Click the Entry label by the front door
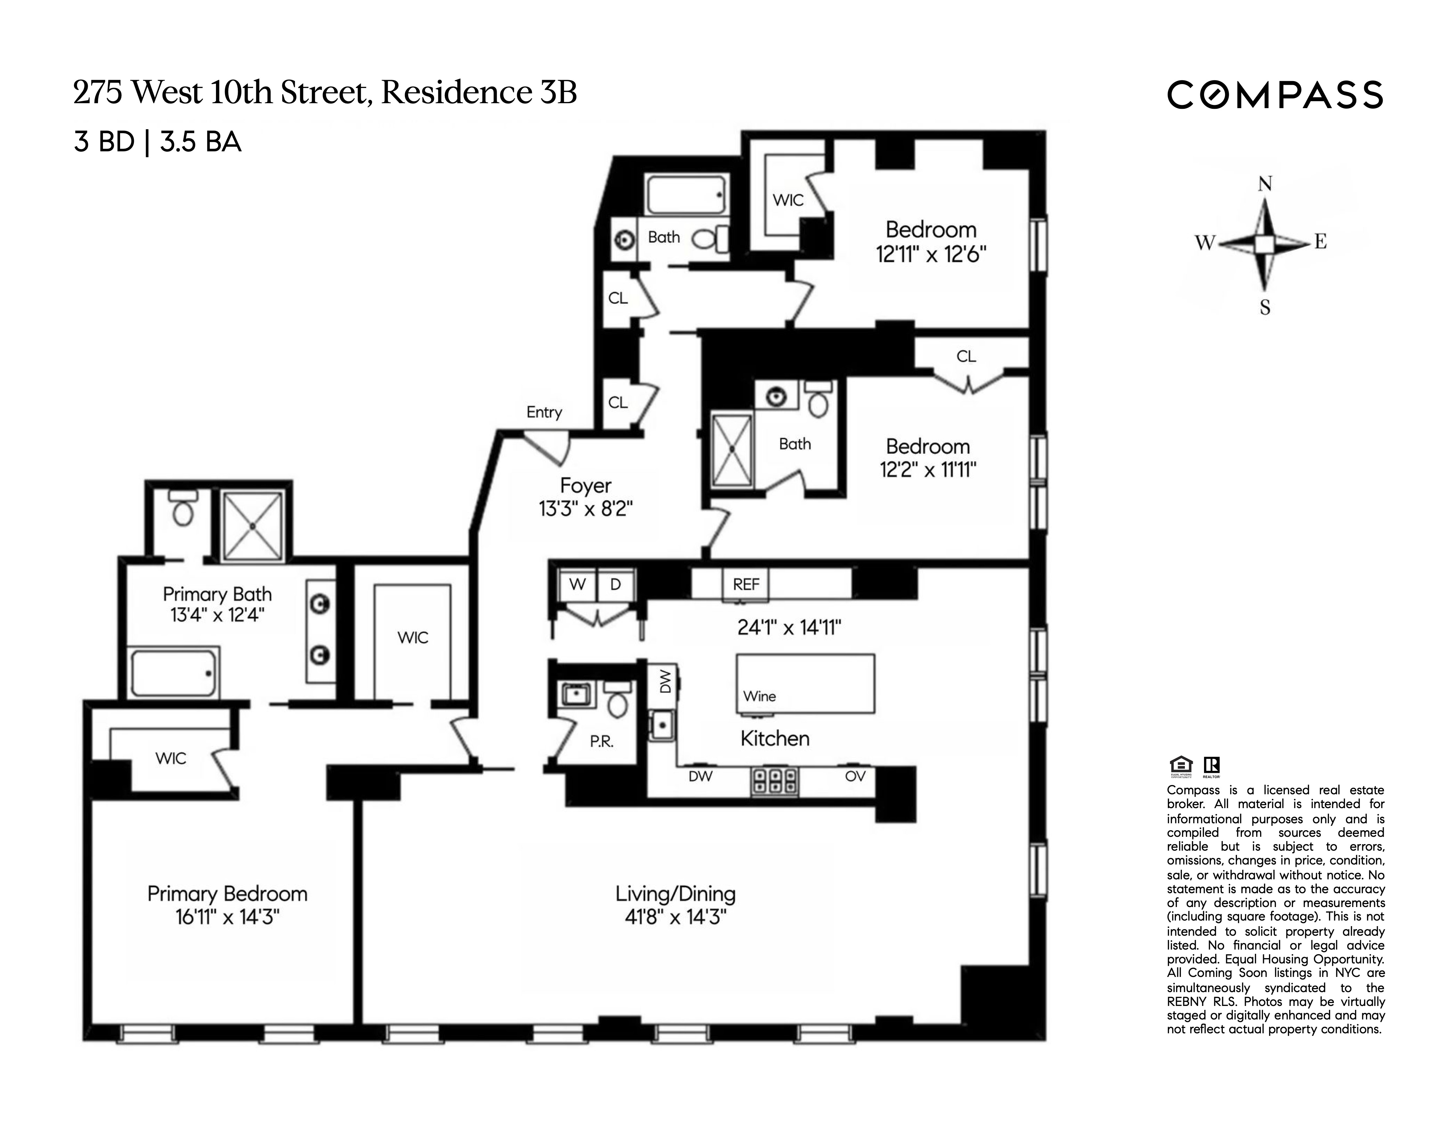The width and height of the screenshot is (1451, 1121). [544, 412]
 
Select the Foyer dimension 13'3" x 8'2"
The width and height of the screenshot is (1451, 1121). [585, 509]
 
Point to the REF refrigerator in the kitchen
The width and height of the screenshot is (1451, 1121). [745, 585]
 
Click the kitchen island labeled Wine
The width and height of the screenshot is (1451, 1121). [805, 684]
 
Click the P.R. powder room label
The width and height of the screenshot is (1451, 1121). [601, 742]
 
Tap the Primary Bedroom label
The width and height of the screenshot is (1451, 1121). [227, 894]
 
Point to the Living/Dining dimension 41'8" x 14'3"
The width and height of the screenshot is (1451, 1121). [675, 917]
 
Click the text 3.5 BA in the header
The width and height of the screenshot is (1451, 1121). [201, 142]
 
